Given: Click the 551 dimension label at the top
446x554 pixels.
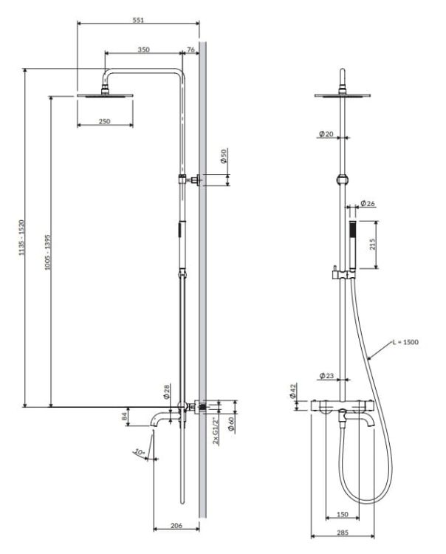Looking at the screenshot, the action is [x=138, y=20].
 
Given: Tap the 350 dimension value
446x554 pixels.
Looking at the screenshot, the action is [x=143, y=49].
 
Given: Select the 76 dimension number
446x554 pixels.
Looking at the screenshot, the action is [x=191, y=49].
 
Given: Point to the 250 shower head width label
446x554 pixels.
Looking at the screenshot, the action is [x=105, y=121].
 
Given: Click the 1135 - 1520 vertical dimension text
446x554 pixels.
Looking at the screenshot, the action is [x=21, y=237].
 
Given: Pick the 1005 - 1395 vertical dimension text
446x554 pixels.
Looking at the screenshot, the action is [x=48, y=252].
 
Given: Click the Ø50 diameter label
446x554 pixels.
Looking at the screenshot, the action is [x=224, y=155].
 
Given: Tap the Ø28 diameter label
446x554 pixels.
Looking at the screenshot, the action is [x=167, y=391].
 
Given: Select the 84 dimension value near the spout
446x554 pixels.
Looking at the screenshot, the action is [x=124, y=416].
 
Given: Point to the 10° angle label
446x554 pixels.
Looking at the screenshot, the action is [x=140, y=452].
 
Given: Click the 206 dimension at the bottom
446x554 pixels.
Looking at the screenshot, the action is [x=176, y=525].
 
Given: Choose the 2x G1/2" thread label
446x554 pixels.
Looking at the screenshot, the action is [x=216, y=431].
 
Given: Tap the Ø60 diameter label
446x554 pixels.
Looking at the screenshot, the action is [x=231, y=424].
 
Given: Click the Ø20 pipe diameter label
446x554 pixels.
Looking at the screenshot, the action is [x=326, y=134].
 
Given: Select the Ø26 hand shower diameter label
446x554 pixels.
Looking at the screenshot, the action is [x=367, y=203].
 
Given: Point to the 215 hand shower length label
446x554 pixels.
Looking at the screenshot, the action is [x=373, y=244].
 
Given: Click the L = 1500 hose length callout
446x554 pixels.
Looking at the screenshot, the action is [x=405, y=342].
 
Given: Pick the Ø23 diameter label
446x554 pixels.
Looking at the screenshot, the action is [x=326, y=375].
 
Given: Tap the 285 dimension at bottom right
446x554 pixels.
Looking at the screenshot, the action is [x=343, y=533].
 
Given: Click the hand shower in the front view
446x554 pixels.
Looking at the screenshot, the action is [x=352, y=246].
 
